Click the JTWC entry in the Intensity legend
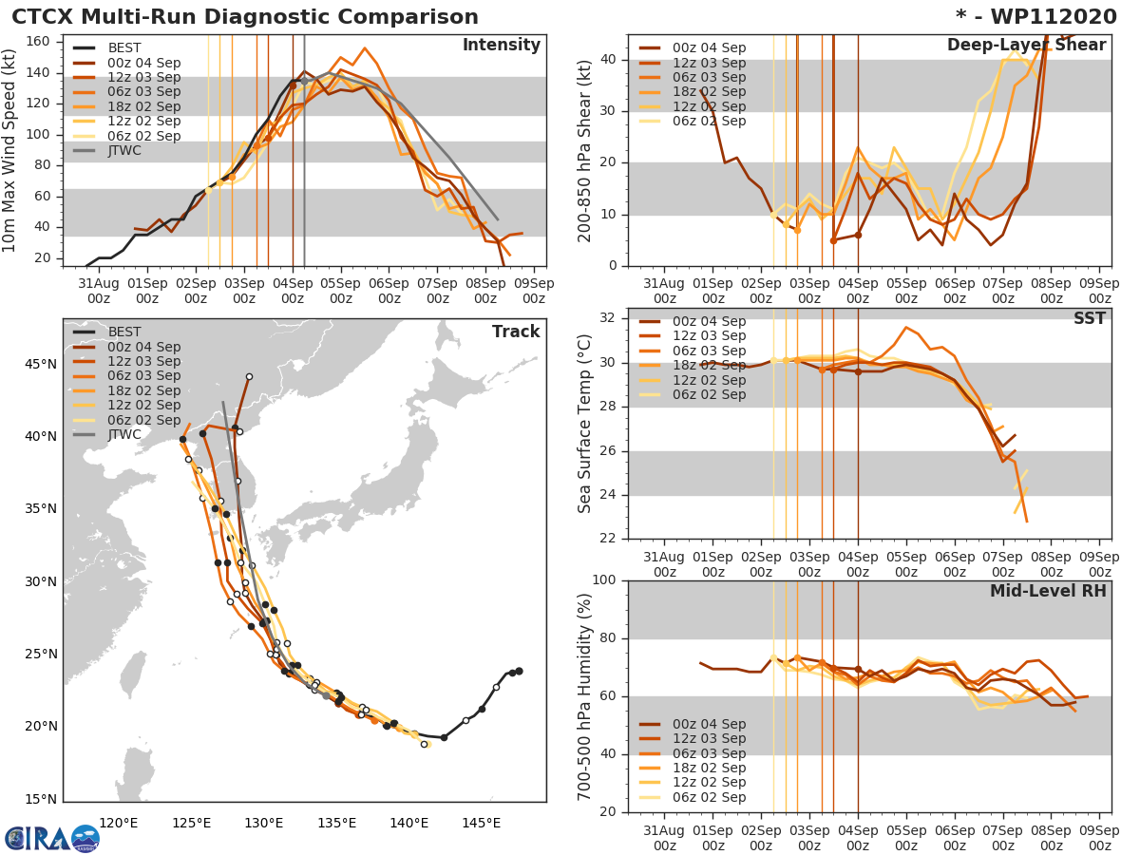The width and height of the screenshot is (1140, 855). pos(124,151)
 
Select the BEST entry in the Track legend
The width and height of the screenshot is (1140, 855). pos(124,332)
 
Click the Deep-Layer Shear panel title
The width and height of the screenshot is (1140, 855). pos(1026,46)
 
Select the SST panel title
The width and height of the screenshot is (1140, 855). pos(1091,318)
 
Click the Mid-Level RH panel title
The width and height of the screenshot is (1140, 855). pos(1048,591)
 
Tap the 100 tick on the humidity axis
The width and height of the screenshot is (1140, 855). pos(601,580)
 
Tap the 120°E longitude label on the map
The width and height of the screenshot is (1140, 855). pos(120,822)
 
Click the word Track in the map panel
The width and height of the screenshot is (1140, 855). pos(516,332)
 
